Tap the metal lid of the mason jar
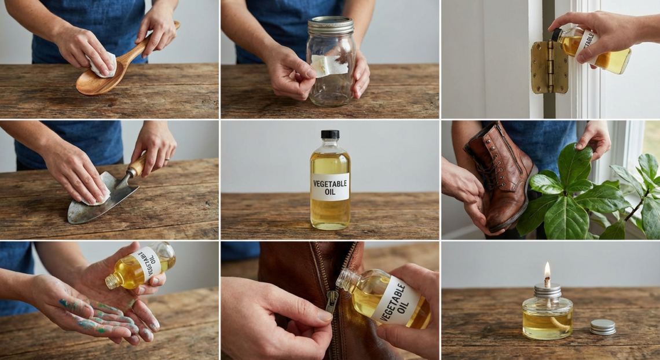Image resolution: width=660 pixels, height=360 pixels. (330, 25)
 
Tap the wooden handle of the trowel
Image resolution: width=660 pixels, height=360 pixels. (138, 165)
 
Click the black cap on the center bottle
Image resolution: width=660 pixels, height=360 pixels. (330, 135)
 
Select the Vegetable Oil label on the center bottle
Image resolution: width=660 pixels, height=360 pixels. (330, 186)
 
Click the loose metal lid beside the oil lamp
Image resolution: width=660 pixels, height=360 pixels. (603, 326)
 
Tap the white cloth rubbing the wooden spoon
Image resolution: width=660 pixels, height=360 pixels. (103, 64)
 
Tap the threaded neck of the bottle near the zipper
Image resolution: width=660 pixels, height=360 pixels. (347, 279)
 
